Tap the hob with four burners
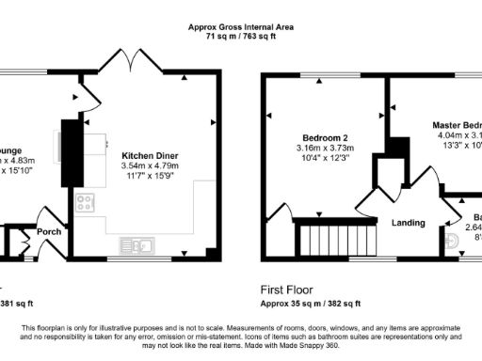tap(85, 201)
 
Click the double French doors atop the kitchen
tap(131, 58)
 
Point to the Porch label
tap(49, 230)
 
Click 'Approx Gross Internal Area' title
tap(240, 28)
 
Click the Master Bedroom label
tap(457, 124)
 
